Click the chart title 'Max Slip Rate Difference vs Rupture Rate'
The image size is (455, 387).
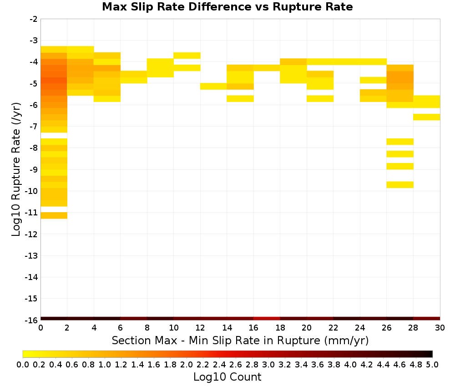227,7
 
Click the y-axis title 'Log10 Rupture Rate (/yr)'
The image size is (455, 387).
16,169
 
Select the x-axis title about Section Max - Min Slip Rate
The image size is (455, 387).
240,340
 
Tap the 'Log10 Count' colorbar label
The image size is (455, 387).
227,377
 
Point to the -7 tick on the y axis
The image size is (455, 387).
34,126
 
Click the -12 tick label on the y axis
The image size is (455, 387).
32,234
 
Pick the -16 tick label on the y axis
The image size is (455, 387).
32,320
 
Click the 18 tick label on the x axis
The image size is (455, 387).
280,328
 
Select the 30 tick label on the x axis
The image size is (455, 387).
440,328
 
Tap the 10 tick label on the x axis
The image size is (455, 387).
173,328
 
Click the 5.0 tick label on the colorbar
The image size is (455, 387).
432,364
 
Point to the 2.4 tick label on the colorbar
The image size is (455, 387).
219,364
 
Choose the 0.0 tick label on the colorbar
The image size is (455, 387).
23,364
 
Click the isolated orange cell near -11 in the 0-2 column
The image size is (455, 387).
54,215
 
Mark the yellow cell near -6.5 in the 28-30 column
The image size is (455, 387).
427,117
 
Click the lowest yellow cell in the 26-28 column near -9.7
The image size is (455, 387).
400,185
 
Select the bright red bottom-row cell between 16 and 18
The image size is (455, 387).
267,319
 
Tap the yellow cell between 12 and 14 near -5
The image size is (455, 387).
213,86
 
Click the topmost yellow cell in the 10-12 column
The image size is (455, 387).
187,56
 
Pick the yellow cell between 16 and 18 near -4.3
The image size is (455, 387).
267,68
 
